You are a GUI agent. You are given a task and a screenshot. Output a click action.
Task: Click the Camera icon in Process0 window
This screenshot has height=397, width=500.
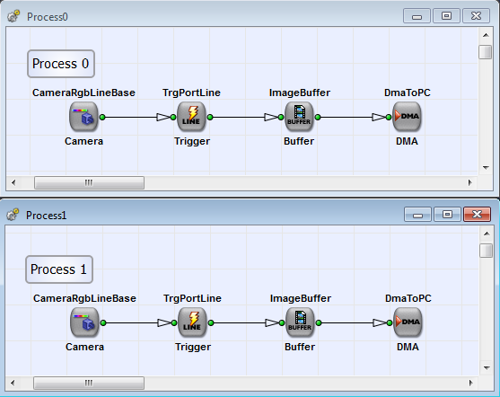83,117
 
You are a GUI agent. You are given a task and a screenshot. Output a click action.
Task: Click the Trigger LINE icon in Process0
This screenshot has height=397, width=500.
191,117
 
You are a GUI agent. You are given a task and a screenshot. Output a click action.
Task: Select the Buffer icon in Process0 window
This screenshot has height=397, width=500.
299,117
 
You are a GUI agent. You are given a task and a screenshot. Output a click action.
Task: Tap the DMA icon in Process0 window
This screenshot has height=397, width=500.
407,117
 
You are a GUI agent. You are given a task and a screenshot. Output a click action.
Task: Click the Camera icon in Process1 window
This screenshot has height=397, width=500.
84,322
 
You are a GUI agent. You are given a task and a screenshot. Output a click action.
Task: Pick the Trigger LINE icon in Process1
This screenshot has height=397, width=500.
192,322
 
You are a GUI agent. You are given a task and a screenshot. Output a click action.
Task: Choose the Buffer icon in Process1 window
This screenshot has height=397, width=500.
300,322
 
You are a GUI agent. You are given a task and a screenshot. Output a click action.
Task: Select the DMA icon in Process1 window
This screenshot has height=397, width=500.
408,322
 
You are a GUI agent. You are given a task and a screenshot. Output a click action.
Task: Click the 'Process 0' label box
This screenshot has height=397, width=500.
60,64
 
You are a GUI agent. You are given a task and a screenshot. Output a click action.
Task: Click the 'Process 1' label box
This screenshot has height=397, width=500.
59,269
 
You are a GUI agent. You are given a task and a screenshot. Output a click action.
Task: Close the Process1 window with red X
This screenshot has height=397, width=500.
476,215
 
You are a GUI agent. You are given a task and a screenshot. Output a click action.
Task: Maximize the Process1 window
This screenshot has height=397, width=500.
447,215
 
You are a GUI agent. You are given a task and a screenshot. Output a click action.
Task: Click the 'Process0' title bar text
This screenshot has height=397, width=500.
48,17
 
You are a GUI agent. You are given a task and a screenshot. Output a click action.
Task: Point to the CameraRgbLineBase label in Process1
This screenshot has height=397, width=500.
84,298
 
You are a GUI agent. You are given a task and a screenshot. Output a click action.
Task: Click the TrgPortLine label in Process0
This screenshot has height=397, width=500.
191,93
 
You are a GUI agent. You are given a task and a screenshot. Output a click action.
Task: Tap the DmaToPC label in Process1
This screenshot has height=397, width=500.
408,298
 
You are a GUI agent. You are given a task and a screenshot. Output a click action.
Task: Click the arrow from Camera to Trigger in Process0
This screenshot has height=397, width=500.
139,117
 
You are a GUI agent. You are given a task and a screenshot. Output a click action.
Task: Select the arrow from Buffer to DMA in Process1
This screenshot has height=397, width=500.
355,322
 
